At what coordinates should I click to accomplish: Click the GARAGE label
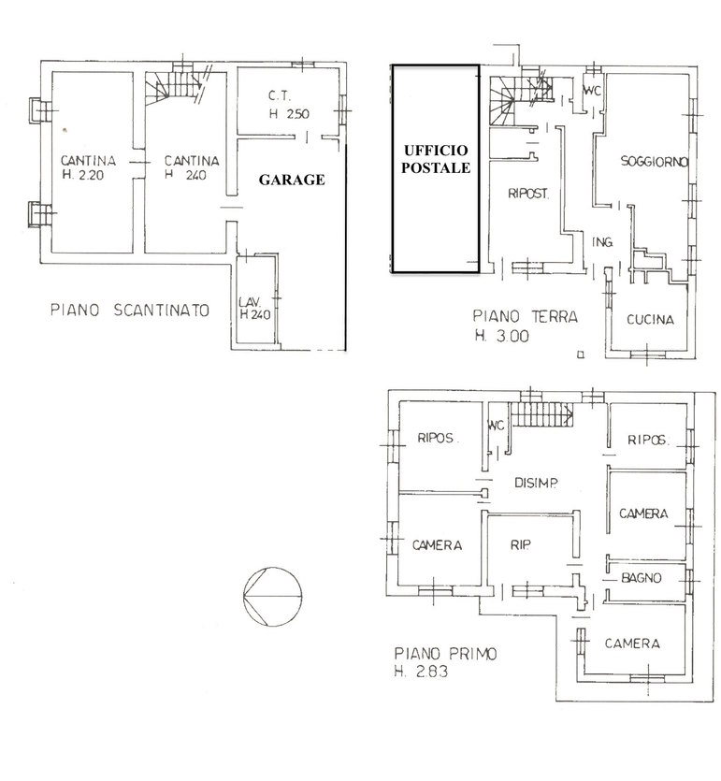[292, 180]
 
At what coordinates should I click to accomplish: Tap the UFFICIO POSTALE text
[436, 159]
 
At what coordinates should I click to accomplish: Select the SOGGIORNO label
[655, 161]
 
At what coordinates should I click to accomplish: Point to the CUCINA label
[650, 319]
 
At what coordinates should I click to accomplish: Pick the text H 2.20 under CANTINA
[82, 175]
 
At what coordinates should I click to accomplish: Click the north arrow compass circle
[272, 596]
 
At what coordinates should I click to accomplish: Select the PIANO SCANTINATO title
[130, 310]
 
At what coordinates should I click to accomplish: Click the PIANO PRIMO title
[446, 653]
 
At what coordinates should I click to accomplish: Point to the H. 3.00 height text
[502, 336]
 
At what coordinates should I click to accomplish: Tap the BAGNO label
[642, 578]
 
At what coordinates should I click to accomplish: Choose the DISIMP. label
[536, 482]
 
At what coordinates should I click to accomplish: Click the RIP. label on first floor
[520, 545]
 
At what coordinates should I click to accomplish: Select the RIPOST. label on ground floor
[528, 194]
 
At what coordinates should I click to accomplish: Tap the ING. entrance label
[602, 242]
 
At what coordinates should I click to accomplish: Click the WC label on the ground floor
[593, 91]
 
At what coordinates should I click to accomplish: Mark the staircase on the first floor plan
[542, 414]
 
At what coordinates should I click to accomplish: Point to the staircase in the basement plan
[174, 87]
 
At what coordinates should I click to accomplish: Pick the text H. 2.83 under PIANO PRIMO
[421, 671]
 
